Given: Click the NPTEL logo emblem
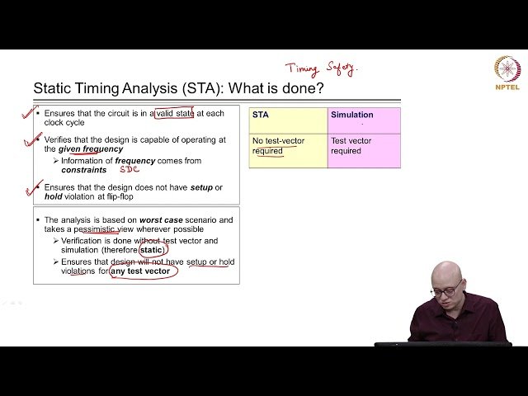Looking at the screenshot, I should coord(507,68).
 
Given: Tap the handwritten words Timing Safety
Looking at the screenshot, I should coord(322,69).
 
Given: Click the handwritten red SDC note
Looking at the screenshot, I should coord(130,169).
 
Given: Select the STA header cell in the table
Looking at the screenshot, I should coord(288,116).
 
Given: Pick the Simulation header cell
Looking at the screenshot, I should coord(364,116).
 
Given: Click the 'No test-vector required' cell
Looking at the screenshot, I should coord(288,146).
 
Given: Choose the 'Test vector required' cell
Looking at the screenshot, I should coord(364,146).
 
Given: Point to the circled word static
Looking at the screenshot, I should coord(152,249).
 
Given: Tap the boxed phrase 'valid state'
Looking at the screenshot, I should coord(173,113).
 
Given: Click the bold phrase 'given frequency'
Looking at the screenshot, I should coord(91,149).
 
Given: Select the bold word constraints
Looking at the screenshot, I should coord(84,169).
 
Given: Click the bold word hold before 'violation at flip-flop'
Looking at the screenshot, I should coord(54,196).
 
